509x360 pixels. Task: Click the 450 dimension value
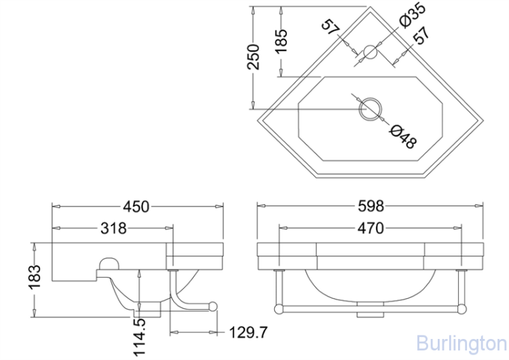click(x=136, y=206)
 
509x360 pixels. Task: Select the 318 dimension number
click(x=113, y=228)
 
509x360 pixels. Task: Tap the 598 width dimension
click(x=371, y=206)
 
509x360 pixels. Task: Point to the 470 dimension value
click(x=371, y=228)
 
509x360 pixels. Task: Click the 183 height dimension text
click(x=35, y=277)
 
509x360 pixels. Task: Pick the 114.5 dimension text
click(x=140, y=338)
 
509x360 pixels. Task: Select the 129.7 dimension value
click(x=248, y=332)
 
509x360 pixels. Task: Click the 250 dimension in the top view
click(x=253, y=57)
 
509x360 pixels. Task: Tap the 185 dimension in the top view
click(x=281, y=41)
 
